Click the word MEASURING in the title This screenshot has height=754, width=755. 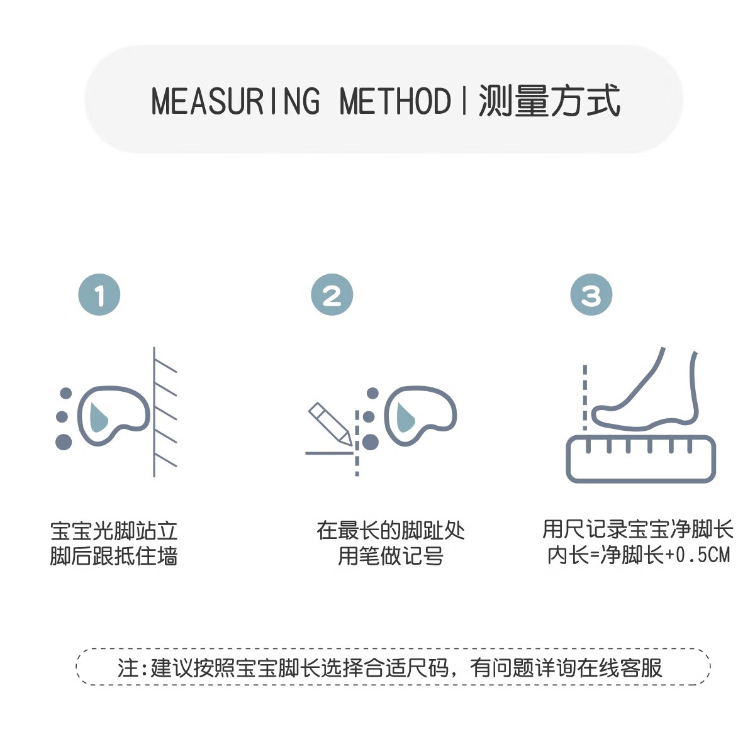tap(235, 101)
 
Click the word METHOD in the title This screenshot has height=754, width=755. tap(394, 101)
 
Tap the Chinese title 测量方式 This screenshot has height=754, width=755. tap(549, 101)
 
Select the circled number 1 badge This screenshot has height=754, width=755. tap(99, 295)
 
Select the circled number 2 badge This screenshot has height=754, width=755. tap(332, 295)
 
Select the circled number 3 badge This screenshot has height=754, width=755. tap(591, 295)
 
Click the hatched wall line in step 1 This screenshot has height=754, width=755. tap(155, 412)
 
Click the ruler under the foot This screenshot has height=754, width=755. tap(640, 459)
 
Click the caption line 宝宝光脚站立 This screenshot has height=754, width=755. tap(114, 531)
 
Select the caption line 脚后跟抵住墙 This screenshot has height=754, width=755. tap(114, 557)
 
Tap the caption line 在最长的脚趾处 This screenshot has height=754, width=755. tap(391, 531)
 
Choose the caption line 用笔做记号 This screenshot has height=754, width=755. tap(391, 557)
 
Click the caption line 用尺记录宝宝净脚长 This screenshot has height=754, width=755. tap(638, 529)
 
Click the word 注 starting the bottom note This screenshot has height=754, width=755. tap(128, 667)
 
